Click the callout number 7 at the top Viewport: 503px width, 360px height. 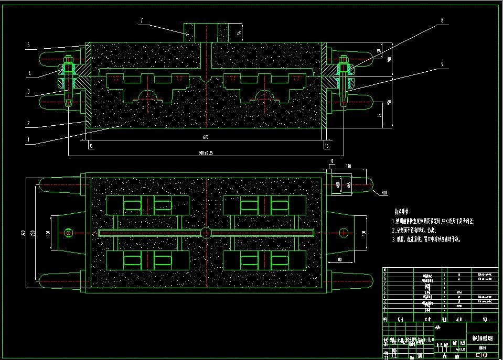click(142, 20)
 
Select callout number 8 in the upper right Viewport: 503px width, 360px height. click(442, 20)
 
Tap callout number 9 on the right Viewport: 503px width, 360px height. click(442, 64)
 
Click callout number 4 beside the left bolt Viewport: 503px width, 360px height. click(30, 74)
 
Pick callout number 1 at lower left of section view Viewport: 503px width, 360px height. click(29, 140)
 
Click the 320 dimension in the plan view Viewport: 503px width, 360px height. click(23, 233)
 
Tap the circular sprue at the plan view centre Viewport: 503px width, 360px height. click(207, 232)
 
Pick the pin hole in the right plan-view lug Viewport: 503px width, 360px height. click(344, 232)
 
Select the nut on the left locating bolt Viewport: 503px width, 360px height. click(68, 68)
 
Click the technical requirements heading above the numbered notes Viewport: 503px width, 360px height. click(404, 212)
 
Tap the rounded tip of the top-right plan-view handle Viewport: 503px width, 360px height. click(370, 185)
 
